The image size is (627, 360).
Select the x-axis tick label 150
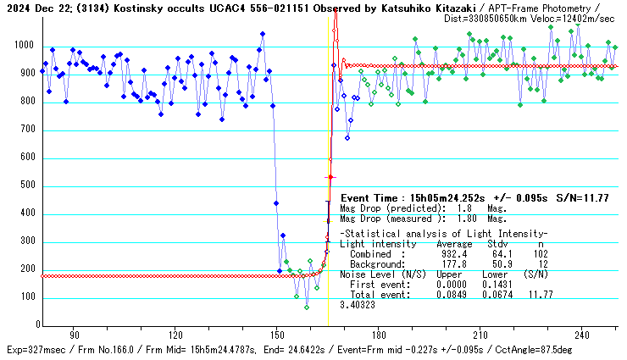[277, 334]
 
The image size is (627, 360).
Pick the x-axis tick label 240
[582, 334]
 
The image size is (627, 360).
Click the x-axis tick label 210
[480, 334]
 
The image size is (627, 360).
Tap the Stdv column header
[497, 243]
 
